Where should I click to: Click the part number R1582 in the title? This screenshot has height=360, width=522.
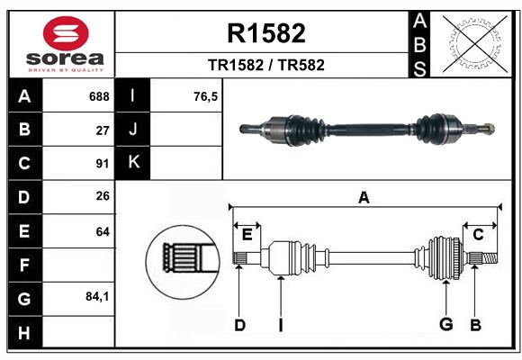pos(266,33)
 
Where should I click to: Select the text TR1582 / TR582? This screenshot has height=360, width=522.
pos(266,66)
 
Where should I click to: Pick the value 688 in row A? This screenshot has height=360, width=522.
pos(99,96)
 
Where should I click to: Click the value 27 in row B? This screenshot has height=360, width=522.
pos(103,130)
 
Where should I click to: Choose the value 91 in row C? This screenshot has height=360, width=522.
pos(103,164)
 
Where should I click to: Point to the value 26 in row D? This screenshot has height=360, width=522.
pos(103,197)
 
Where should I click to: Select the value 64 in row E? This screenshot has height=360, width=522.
pos(103,231)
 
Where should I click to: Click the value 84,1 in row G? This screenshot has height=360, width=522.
pos(97,296)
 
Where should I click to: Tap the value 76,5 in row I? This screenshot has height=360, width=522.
pos(206,96)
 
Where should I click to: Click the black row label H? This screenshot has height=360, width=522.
pos(24,332)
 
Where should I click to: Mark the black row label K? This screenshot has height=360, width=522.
pos(133,163)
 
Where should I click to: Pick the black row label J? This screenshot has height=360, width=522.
pos(133,130)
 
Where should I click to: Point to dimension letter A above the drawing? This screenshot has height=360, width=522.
pos(364,197)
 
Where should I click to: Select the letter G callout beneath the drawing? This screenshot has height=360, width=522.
pos(445,324)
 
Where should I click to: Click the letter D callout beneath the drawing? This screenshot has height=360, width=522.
pos(239,324)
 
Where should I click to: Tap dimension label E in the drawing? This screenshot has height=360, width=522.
pos(247,234)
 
